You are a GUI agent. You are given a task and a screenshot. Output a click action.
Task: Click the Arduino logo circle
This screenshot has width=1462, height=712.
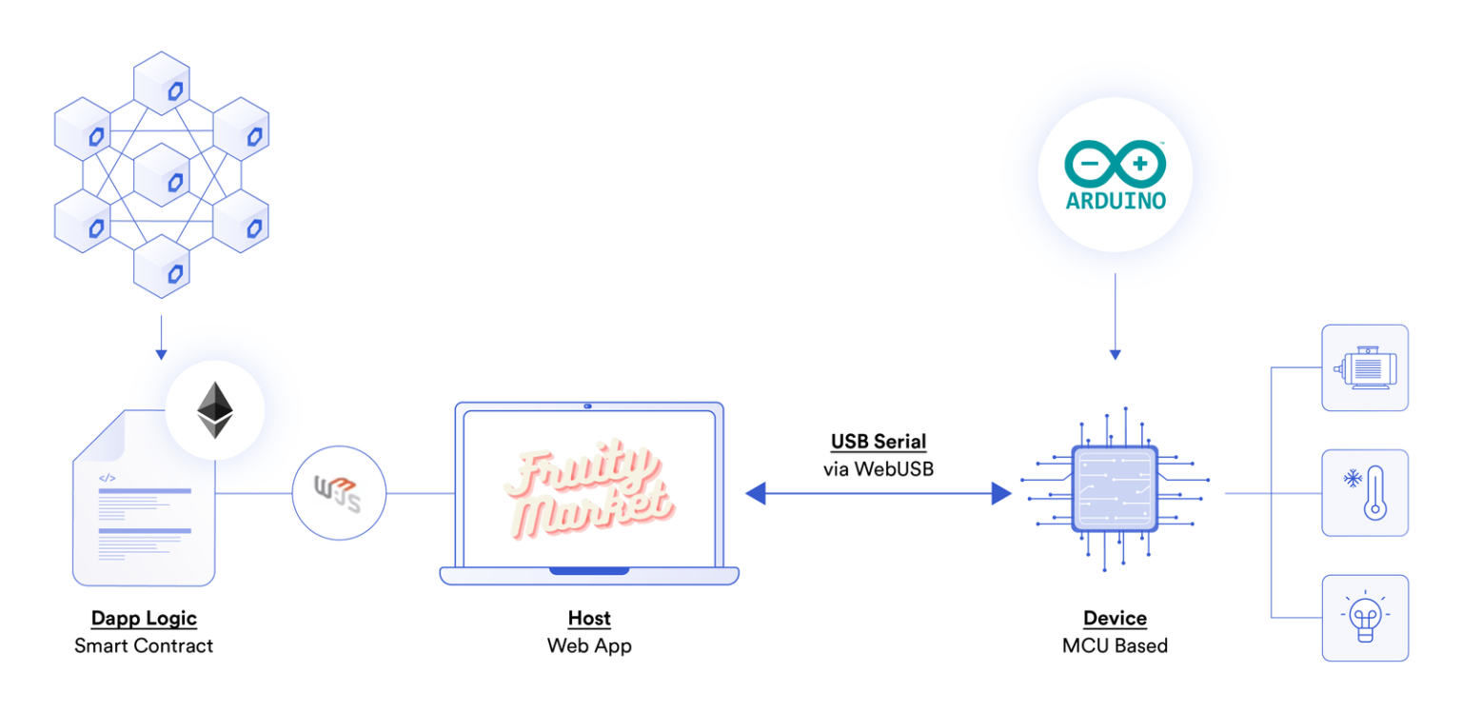1115,174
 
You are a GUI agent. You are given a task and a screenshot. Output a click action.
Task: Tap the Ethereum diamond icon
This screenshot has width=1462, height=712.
214,410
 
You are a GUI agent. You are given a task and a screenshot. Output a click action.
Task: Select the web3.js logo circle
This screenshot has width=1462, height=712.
339,493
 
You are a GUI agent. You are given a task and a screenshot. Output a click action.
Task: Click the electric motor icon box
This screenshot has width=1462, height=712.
1364,367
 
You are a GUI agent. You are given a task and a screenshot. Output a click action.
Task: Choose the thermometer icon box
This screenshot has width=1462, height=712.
1364,492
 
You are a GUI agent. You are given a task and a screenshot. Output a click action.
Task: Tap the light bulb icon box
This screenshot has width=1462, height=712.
1364,617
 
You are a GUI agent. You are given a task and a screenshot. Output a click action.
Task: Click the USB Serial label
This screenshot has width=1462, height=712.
878,442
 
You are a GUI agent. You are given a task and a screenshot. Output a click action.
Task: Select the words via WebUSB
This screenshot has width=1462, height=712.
878,468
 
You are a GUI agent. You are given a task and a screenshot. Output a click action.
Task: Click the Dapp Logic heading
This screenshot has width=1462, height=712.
144,619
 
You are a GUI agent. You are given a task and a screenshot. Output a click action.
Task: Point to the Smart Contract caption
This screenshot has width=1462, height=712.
144,645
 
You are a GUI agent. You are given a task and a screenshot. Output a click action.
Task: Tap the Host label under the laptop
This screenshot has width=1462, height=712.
589,619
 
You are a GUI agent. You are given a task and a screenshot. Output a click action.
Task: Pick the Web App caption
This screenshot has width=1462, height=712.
589,645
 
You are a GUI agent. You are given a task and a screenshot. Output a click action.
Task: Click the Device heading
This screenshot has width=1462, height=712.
1115,619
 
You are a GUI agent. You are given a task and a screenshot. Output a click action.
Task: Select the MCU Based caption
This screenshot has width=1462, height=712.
1115,645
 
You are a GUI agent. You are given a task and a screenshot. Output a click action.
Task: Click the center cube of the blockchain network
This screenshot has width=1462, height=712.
162,175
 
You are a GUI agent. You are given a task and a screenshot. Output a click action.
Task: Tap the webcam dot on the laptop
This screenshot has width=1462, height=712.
588,406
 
